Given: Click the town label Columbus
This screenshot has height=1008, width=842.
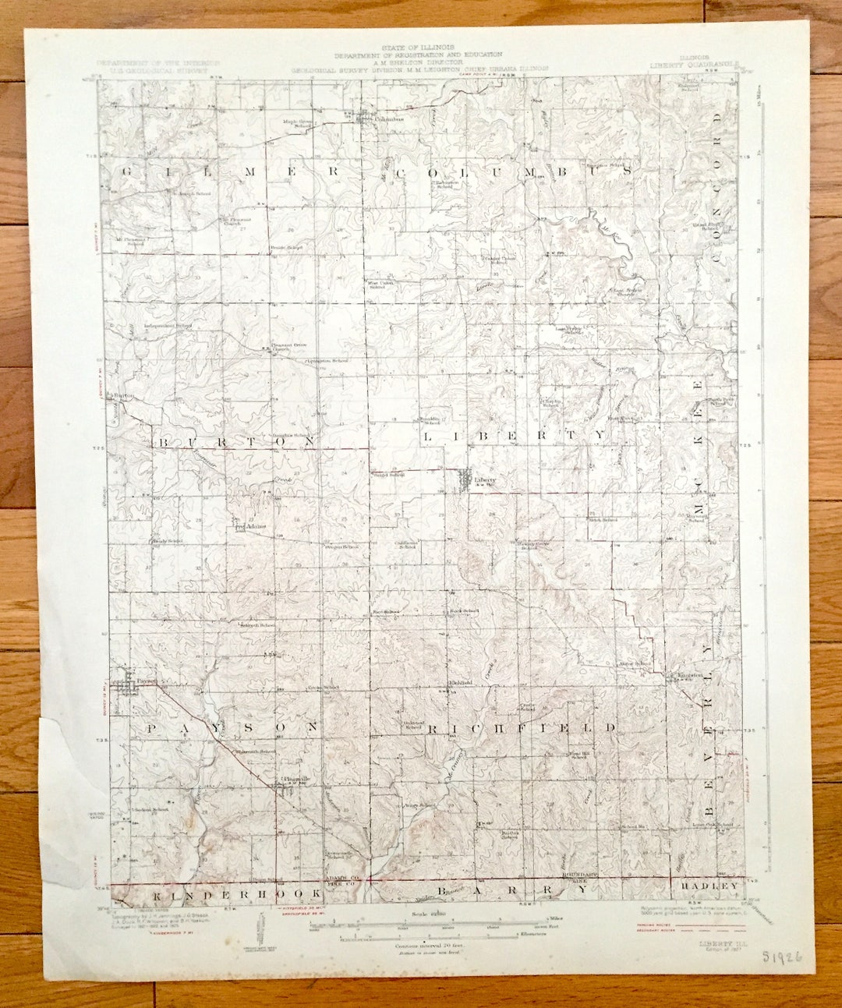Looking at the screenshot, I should tap(388, 118).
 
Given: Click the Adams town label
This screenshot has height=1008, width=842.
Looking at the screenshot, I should tap(256, 525).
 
